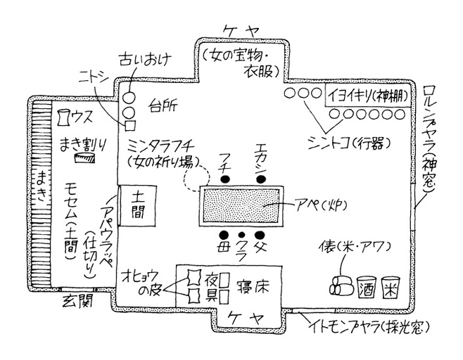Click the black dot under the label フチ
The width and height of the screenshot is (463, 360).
point(226,179)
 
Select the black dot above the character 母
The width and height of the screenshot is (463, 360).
point(224,234)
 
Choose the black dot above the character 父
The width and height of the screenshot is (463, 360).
point(260,234)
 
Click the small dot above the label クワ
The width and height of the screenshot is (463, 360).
point(243,235)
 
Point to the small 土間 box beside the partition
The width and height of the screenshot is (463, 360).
point(132,205)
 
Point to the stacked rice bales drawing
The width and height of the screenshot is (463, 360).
point(340,287)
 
